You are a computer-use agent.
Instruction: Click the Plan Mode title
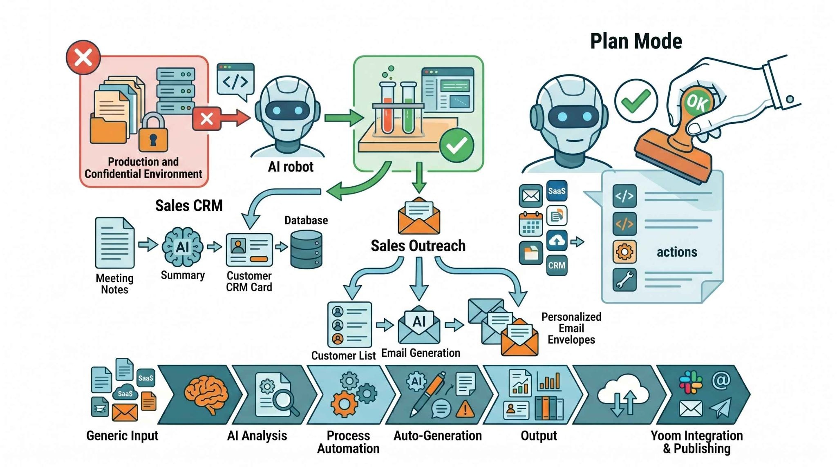[636, 41]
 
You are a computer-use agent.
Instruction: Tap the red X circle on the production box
[83, 57]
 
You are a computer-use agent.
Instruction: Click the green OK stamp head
[696, 101]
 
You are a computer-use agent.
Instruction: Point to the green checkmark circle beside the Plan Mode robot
[636, 101]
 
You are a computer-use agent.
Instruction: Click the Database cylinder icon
[306, 249]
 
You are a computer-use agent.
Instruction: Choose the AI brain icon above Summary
[182, 247]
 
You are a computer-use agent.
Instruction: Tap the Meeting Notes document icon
[114, 243]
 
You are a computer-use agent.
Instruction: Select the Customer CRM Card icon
[249, 250]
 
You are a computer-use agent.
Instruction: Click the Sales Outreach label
[418, 246]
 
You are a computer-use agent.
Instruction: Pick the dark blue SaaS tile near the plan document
[557, 191]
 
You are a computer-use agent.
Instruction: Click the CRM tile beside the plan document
[557, 265]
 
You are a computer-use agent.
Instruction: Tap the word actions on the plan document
[677, 252]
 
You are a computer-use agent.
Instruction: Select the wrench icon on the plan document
[624, 280]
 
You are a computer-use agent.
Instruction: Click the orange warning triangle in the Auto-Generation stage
[465, 409]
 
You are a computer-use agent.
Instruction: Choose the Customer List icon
[349, 324]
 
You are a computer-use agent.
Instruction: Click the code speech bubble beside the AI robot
[235, 81]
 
